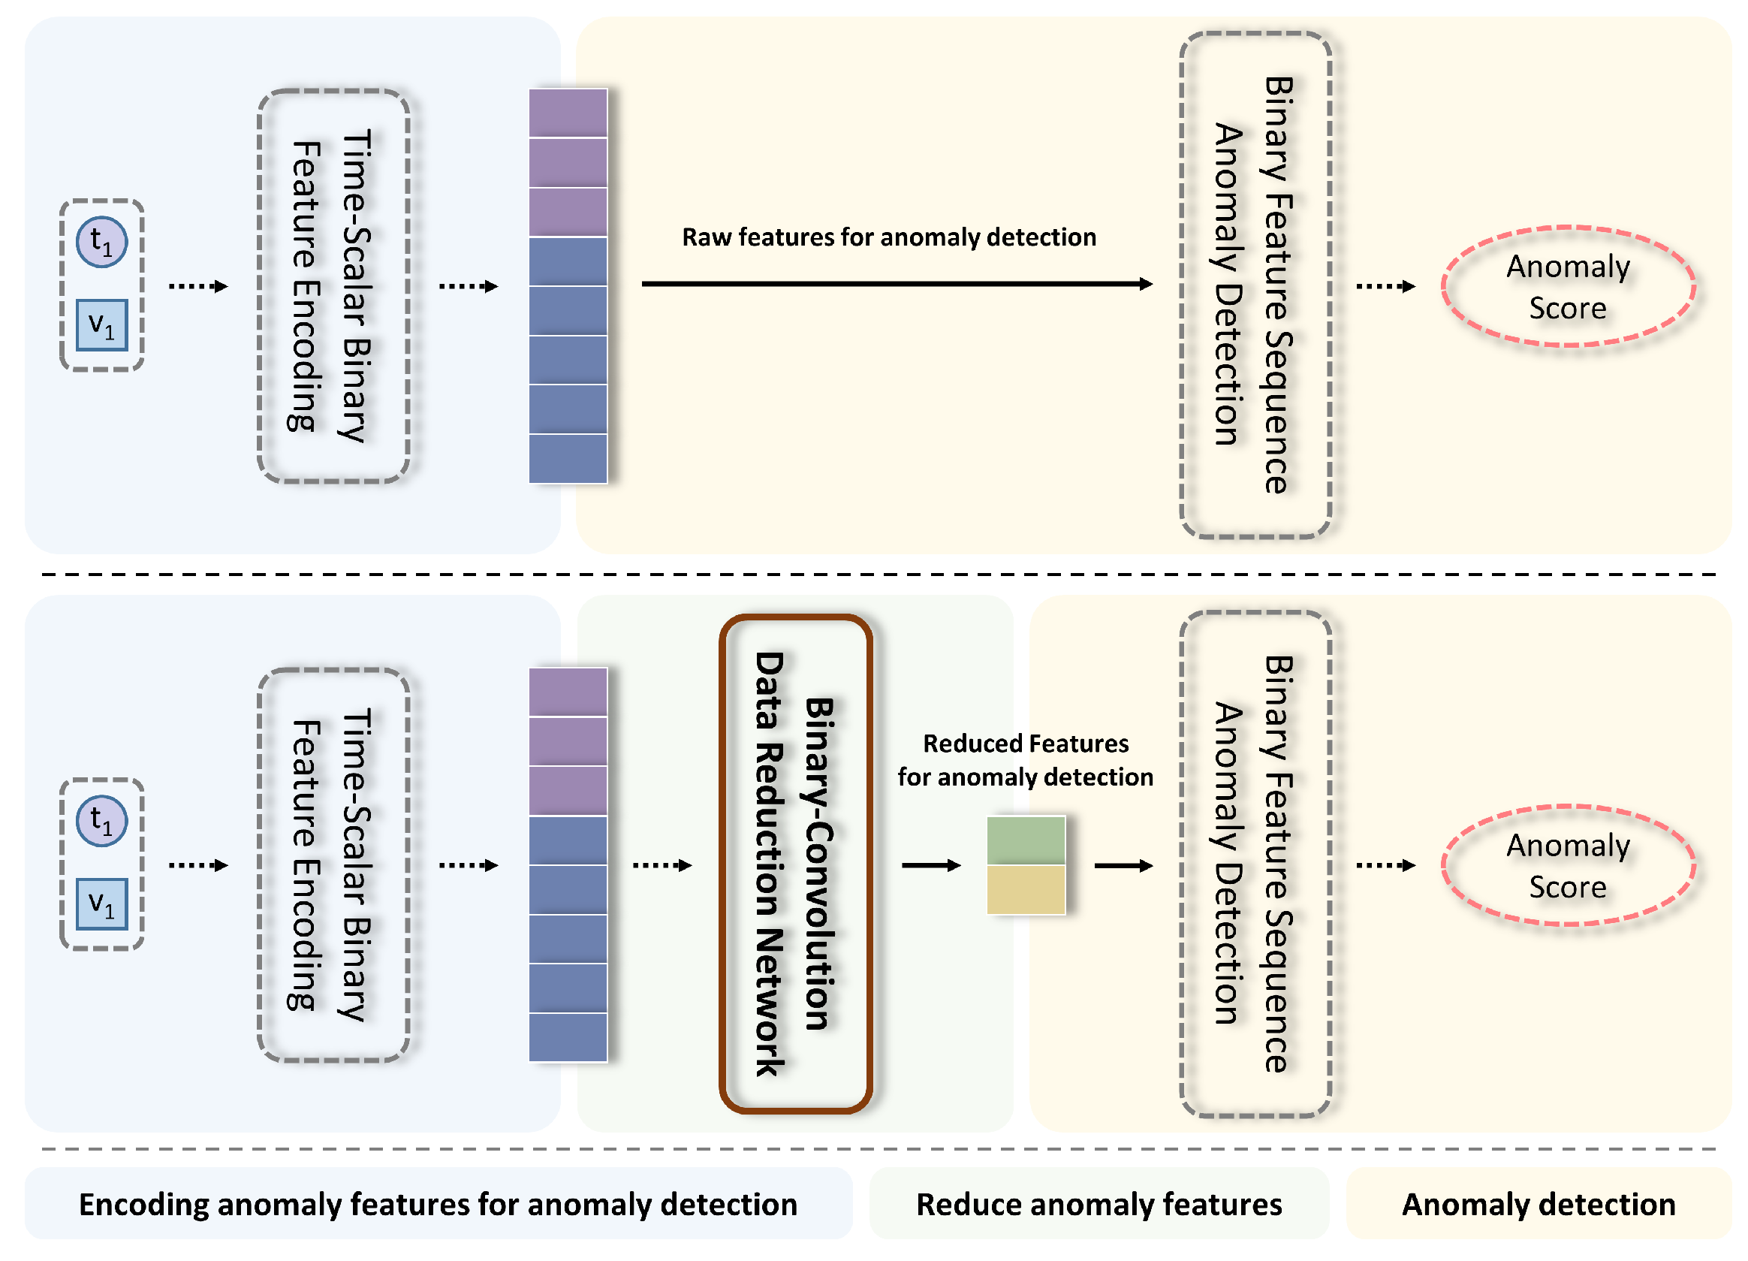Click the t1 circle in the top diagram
click(101, 243)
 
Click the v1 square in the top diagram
click(101, 324)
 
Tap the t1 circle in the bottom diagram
click(101, 822)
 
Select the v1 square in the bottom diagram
click(101, 904)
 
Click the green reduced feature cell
click(1026, 841)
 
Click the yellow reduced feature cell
click(1026, 889)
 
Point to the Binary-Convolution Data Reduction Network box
click(795, 864)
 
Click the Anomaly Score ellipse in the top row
click(1568, 287)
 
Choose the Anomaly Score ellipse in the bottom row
click(1568, 866)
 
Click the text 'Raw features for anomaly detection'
click(889, 237)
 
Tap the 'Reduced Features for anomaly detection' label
click(1025, 760)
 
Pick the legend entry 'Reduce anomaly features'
click(1099, 1204)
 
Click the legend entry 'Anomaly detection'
click(1539, 1204)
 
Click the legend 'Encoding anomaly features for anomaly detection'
click(438, 1204)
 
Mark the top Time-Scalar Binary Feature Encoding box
click(333, 286)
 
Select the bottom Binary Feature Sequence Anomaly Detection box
click(1255, 864)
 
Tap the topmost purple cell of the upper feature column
click(568, 113)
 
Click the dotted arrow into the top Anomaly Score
click(1385, 287)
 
